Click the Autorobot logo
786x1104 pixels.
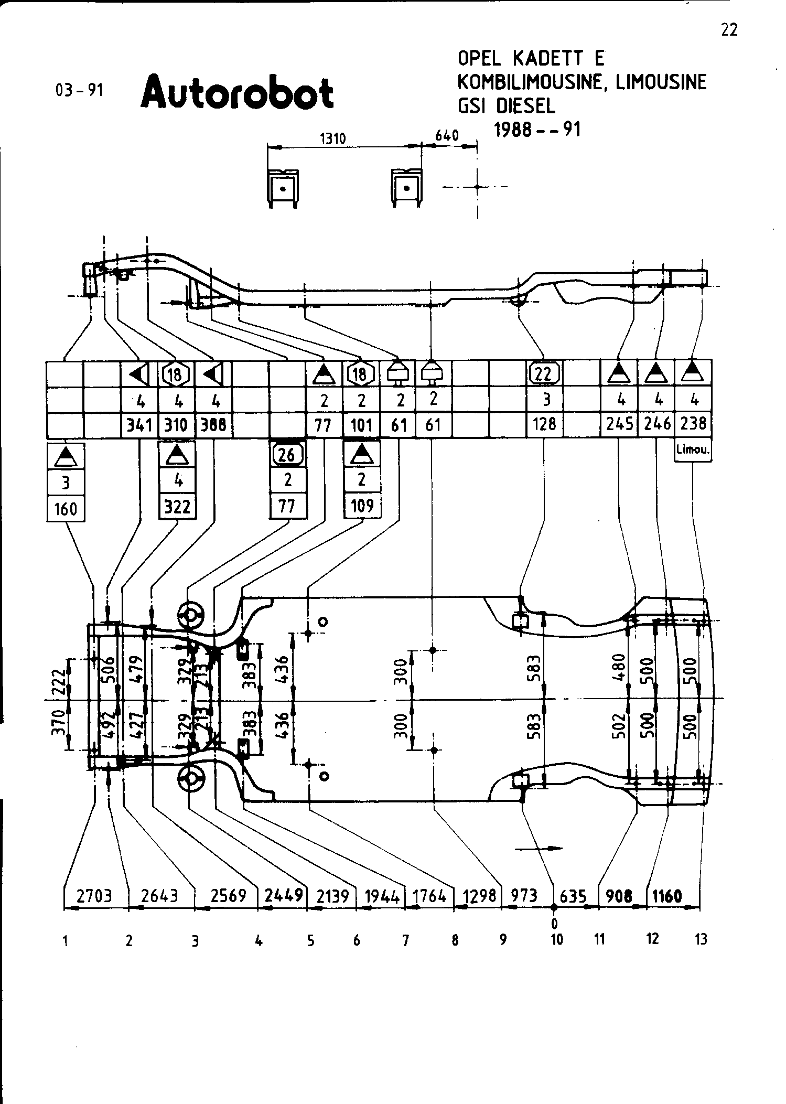[237, 92]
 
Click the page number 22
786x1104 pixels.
[729, 30]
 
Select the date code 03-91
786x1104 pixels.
[79, 90]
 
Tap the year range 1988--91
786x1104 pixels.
[537, 129]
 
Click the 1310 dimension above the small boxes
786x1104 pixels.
[332, 138]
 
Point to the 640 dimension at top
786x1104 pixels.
[447, 136]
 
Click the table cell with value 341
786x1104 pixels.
[139, 424]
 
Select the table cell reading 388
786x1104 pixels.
[213, 424]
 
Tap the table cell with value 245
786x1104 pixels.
[619, 424]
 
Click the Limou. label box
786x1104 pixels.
[693, 450]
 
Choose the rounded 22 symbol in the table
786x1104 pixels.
[545, 373]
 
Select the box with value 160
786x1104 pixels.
[66, 508]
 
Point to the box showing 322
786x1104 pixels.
[177, 507]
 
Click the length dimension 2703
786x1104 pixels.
[95, 895]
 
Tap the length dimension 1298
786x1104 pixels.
[479, 895]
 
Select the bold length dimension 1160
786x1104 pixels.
[666, 895]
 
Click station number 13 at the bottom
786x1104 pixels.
[701, 939]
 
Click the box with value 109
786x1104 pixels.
[362, 506]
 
